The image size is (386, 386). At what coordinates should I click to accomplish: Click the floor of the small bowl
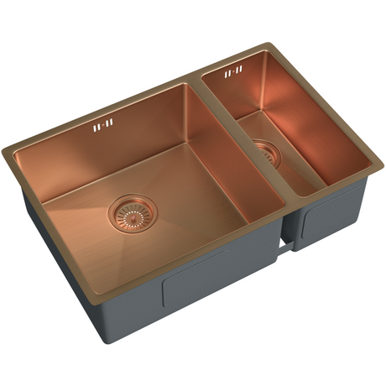click(289, 164)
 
